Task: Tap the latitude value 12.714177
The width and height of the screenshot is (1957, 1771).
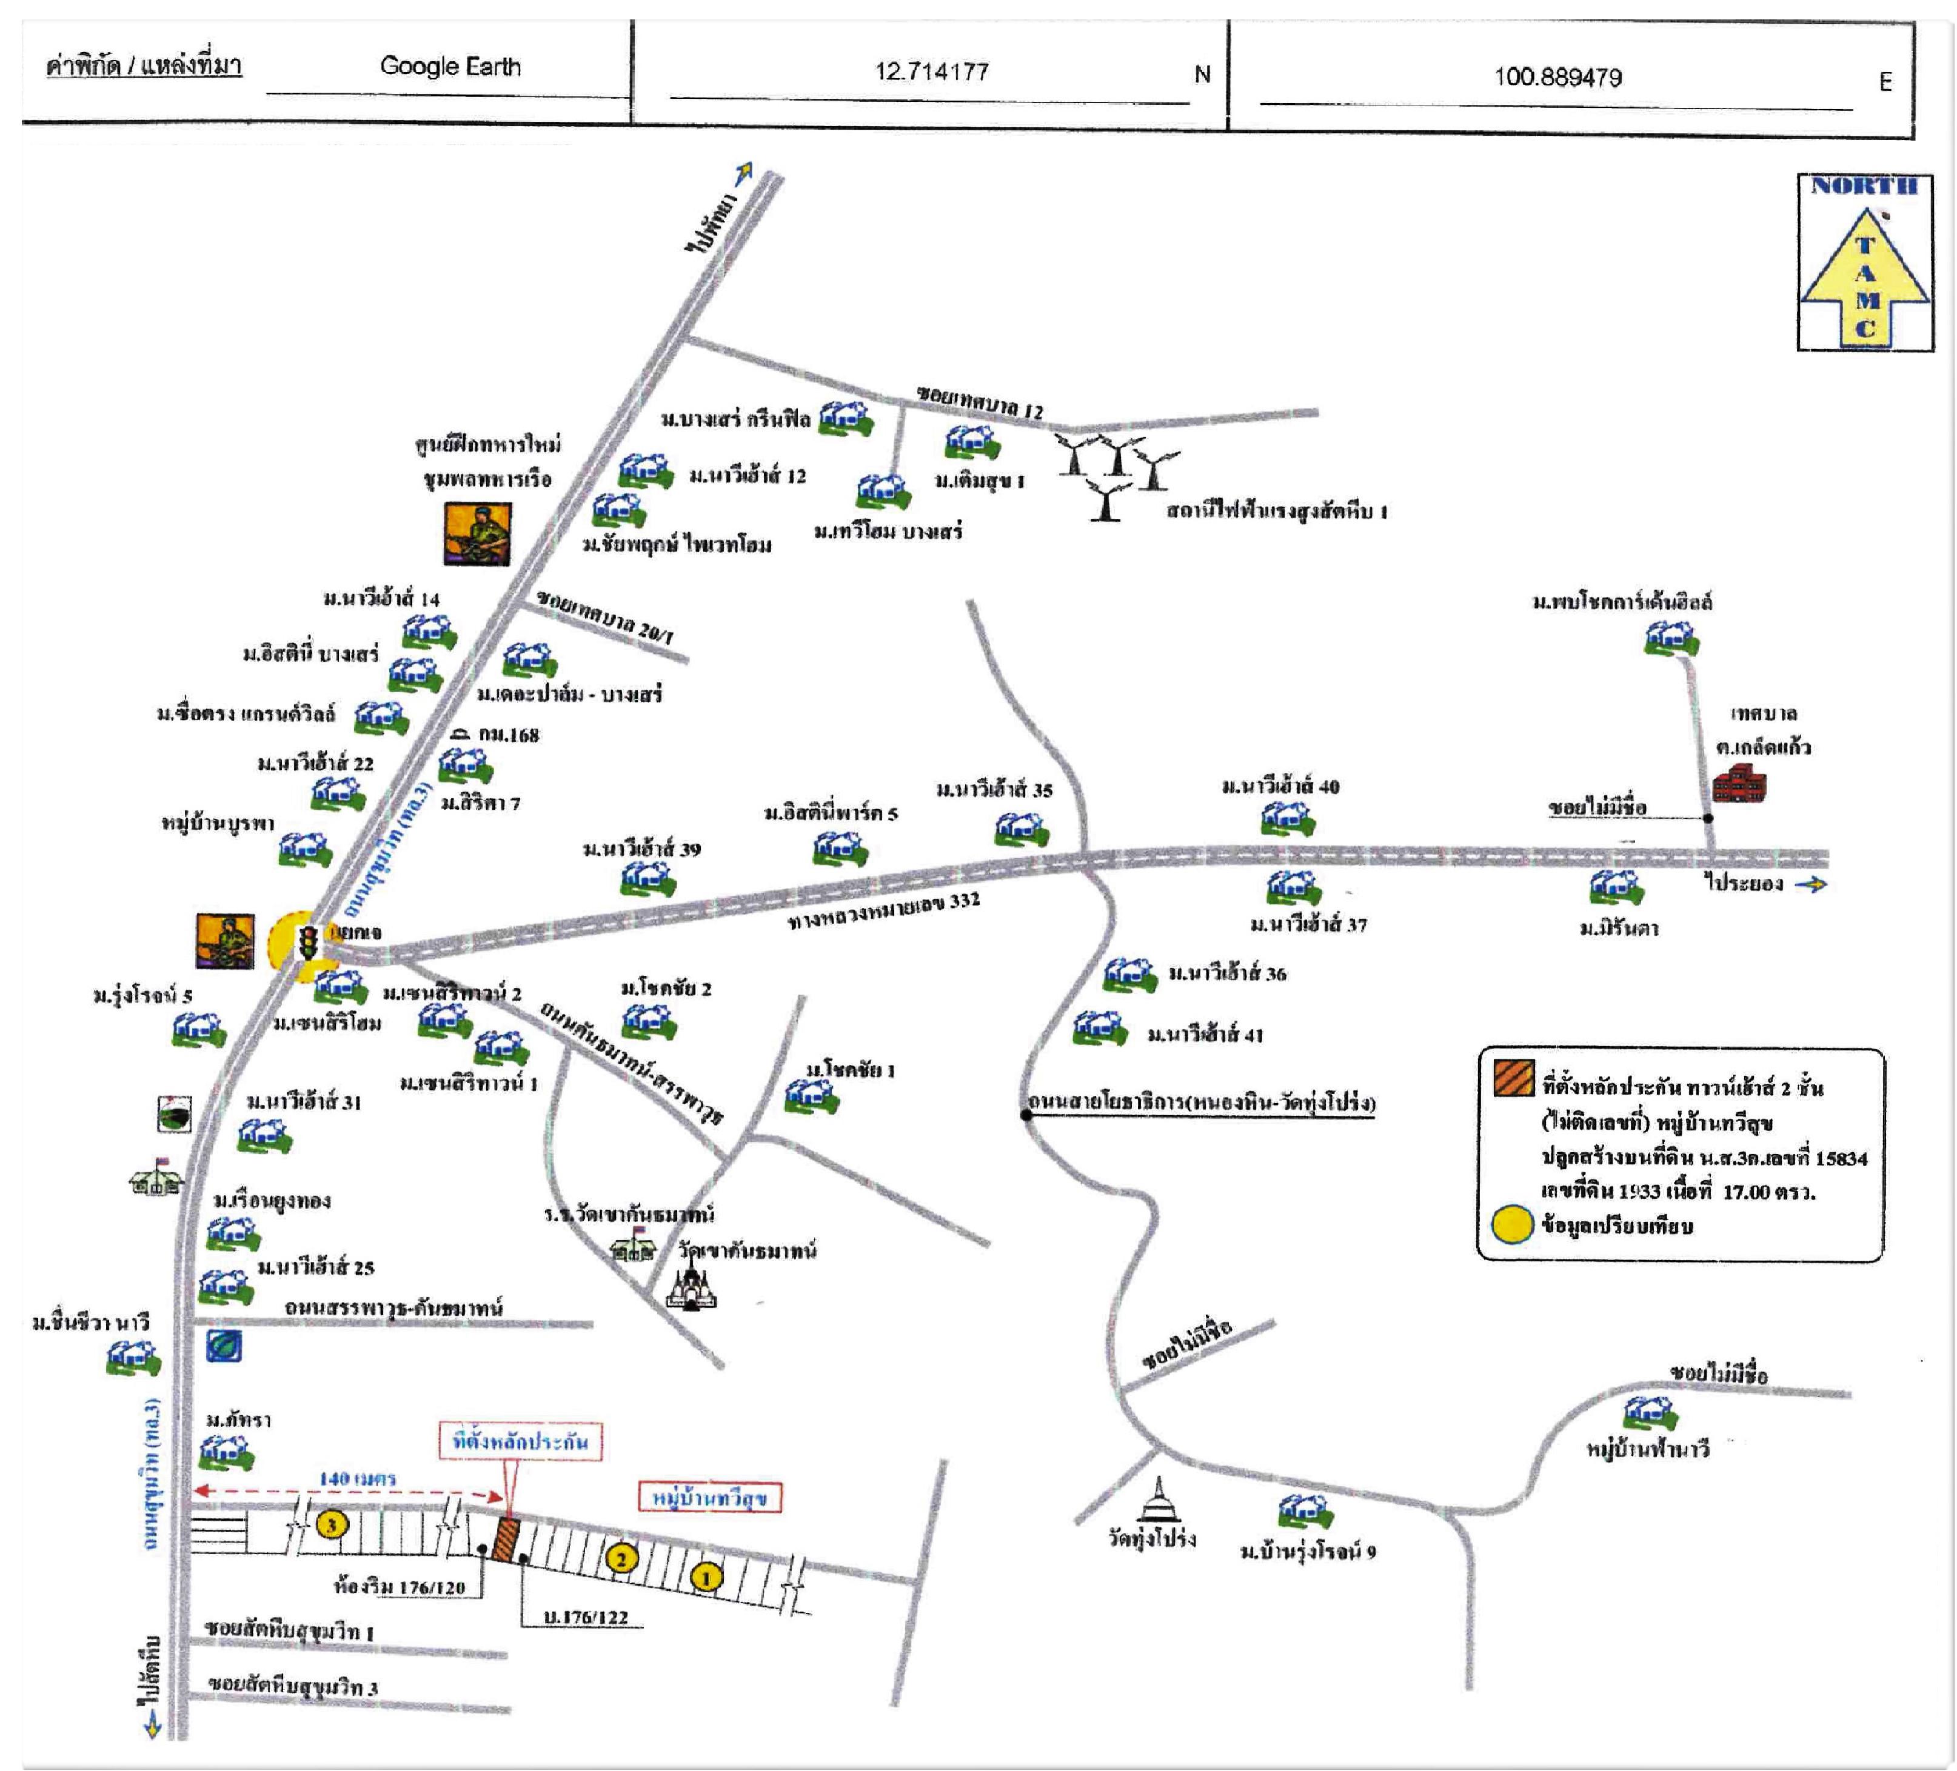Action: click(931, 72)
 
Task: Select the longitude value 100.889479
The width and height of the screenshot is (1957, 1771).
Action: click(1557, 76)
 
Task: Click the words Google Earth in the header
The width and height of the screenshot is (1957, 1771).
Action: click(450, 66)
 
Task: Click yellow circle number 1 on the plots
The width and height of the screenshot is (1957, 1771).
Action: click(706, 1578)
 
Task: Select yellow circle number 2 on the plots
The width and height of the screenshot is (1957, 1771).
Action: click(621, 1559)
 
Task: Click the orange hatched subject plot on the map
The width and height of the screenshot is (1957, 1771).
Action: click(506, 1540)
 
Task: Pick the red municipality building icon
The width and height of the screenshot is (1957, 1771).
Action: click(1739, 783)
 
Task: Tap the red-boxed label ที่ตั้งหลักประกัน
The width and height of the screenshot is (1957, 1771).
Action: click(520, 1441)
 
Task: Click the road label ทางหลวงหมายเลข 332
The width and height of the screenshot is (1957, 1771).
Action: click(883, 910)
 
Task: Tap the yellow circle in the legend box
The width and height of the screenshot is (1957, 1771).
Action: click(1511, 1225)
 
